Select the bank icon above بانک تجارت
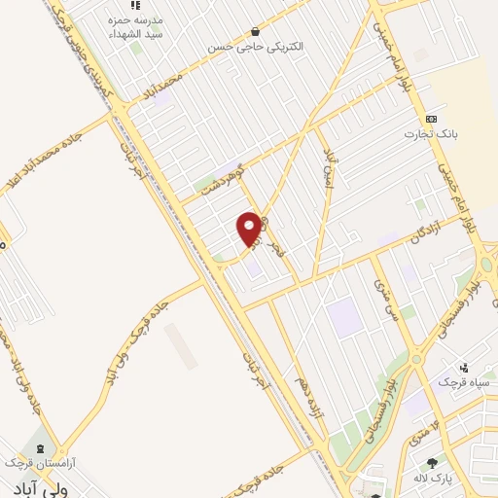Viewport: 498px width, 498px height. (418, 118)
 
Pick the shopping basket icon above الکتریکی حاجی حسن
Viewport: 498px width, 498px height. (255, 30)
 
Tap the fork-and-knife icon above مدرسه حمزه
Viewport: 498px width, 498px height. (134, 6)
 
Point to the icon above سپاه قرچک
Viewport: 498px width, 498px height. (464, 368)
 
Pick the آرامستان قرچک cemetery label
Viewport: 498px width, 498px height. (40, 462)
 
